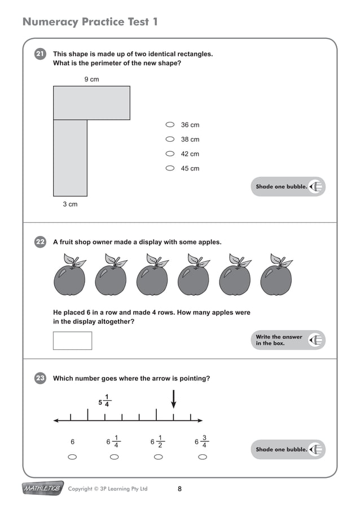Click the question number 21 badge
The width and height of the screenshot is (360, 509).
(x=40, y=54)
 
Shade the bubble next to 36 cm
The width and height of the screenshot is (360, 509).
(x=170, y=125)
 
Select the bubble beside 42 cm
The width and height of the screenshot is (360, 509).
(x=170, y=153)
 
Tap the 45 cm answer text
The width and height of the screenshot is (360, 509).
(x=190, y=168)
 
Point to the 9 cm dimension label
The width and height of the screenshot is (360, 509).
(x=91, y=80)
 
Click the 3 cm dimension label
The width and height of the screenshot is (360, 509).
(x=70, y=204)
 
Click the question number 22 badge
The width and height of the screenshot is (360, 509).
(x=40, y=242)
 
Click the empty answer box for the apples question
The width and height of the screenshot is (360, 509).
(x=72, y=340)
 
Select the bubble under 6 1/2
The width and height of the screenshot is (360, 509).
(x=159, y=457)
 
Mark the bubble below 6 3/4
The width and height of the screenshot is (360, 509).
(x=203, y=457)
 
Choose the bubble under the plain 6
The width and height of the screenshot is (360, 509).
(x=72, y=457)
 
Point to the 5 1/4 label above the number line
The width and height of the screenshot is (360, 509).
(x=104, y=400)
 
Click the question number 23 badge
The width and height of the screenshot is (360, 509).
(x=40, y=379)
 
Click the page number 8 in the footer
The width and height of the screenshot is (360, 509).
(x=179, y=489)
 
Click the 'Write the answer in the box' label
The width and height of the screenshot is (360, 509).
(x=279, y=340)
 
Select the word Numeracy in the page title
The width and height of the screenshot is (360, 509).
(x=50, y=22)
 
